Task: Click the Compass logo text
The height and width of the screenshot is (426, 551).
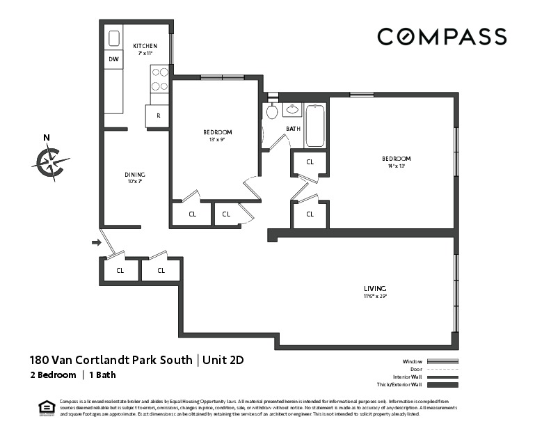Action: pyautogui.click(x=442, y=36)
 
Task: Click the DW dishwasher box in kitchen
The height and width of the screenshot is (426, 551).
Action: pyautogui.click(x=113, y=60)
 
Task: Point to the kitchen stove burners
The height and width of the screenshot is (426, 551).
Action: pyautogui.click(x=159, y=79)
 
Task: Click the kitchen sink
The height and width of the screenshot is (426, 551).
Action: pyautogui.click(x=114, y=38)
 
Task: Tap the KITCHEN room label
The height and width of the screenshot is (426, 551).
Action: pyautogui.click(x=145, y=46)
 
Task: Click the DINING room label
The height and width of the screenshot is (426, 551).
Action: pyautogui.click(x=135, y=175)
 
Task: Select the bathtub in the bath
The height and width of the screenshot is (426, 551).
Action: pyautogui.click(x=315, y=125)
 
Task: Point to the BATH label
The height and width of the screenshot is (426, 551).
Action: pyautogui.click(x=293, y=129)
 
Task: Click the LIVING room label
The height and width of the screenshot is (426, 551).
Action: pyautogui.click(x=374, y=288)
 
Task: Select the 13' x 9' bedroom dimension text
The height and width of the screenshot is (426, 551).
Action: pyautogui.click(x=217, y=139)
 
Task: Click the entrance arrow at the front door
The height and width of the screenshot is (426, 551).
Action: pyautogui.click(x=96, y=242)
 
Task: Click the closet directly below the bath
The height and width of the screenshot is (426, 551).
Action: pyautogui.click(x=310, y=161)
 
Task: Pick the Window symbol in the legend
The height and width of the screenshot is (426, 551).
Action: pyautogui.click(x=442, y=362)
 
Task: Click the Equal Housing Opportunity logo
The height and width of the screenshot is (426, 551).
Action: pyautogui.click(x=47, y=407)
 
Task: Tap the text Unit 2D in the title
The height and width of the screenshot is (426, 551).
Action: pyautogui.click(x=224, y=360)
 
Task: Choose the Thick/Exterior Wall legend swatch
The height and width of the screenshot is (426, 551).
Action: pyautogui.click(x=442, y=385)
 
